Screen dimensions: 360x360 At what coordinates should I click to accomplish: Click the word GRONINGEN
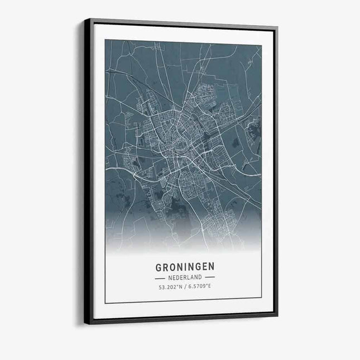(x=184, y=266)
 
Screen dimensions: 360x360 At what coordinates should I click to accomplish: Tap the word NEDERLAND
(x=184, y=277)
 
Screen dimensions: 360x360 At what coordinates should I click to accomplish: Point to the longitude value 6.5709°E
(x=200, y=287)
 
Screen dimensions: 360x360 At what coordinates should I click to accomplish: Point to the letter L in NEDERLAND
(x=189, y=277)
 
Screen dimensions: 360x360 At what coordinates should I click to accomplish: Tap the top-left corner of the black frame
(x=85, y=19)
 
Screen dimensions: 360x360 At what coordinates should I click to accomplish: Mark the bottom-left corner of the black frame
(x=85, y=323)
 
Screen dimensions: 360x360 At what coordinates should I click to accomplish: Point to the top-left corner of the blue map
(x=105, y=40)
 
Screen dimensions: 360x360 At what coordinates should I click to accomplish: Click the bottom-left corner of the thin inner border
(x=105, y=303)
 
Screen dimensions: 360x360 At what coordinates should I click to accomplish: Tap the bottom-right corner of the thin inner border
(x=261, y=299)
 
